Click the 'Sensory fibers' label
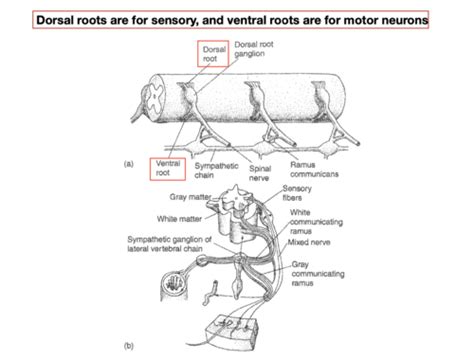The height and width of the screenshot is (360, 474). tap(303, 194)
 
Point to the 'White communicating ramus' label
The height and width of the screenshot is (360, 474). tap(309, 223)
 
